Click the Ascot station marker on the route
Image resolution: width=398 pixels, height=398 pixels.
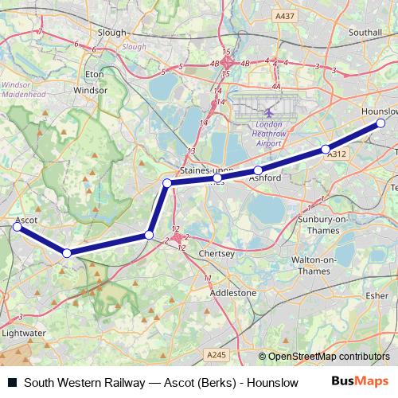point(18,227)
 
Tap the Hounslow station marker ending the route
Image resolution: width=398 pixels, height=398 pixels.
point(380,123)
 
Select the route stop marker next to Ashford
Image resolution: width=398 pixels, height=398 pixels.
point(258,170)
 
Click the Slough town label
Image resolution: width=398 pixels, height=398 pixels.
point(111,33)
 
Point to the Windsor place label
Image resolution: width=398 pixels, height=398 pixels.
point(90,91)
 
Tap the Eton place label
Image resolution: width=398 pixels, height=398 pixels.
point(95,74)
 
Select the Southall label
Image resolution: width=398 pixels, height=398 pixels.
point(365,33)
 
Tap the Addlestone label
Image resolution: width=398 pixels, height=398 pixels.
point(232,293)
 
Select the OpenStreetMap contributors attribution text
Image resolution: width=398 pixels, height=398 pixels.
point(328,357)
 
